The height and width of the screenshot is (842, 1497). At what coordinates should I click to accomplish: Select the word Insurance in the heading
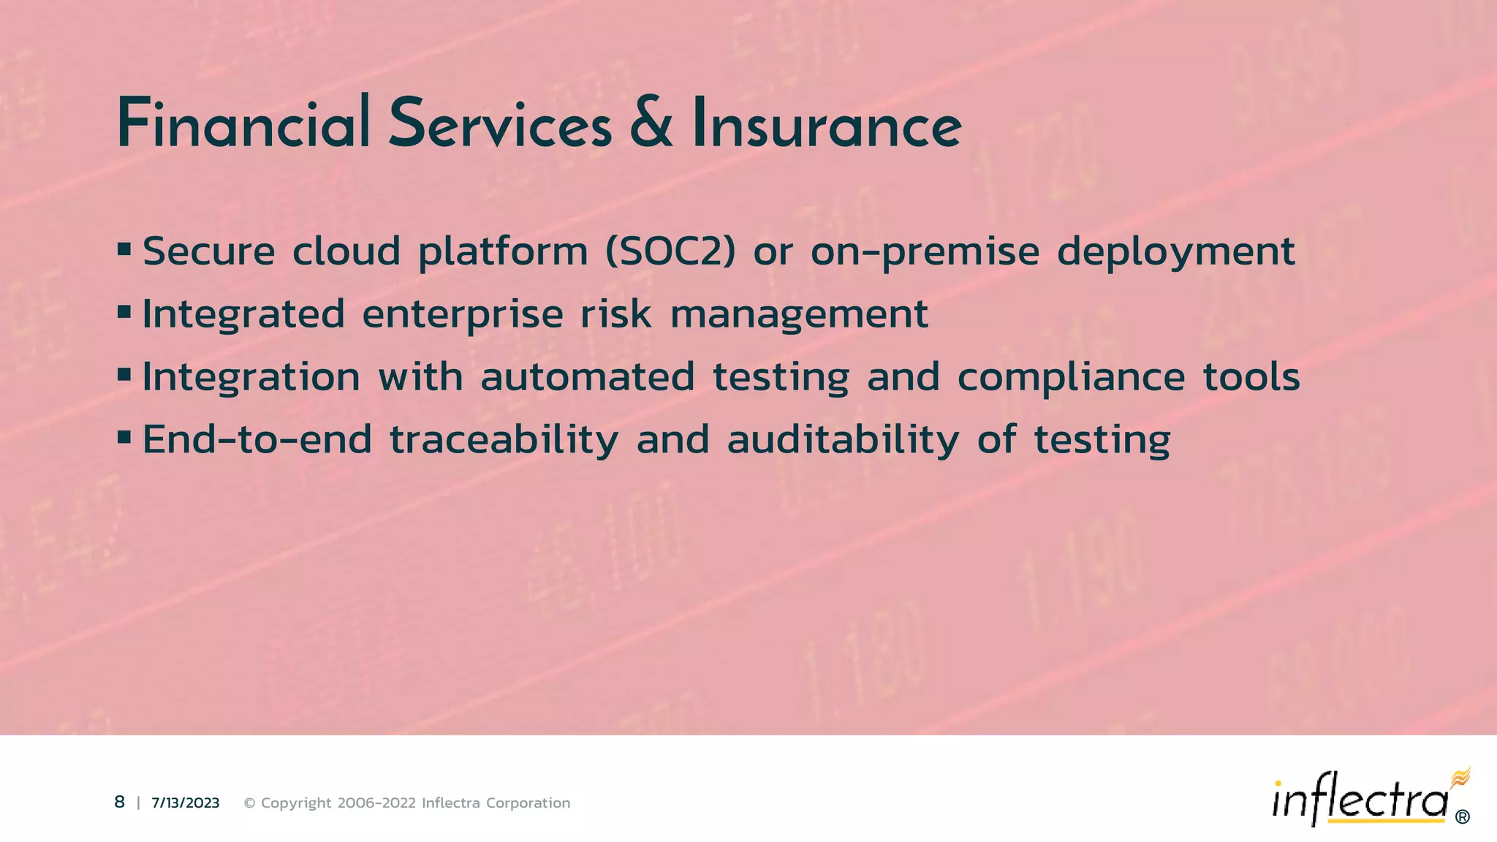click(x=827, y=124)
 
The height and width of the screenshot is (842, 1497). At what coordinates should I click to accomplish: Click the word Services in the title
click(x=499, y=124)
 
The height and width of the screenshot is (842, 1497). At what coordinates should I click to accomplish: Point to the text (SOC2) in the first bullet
click(x=670, y=251)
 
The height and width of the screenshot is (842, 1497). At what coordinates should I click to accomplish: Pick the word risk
click(x=615, y=314)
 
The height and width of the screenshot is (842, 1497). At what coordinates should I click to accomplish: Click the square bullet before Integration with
click(x=124, y=376)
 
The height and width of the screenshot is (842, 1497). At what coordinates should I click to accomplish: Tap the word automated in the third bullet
click(x=587, y=376)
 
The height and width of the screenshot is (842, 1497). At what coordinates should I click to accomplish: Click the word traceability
click(x=504, y=440)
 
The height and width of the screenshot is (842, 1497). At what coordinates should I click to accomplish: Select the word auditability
click(x=842, y=440)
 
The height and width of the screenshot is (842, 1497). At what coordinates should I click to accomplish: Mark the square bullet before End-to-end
click(x=124, y=439)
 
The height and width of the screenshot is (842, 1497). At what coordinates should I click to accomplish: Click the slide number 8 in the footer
click(x=120, y=803)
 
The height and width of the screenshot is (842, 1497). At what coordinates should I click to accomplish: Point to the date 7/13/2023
click(x=186, y=803)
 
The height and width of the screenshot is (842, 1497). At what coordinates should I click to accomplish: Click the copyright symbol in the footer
click(x=249, y=803)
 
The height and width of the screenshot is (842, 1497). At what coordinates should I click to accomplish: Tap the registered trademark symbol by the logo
click(x=1462, y=817)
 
